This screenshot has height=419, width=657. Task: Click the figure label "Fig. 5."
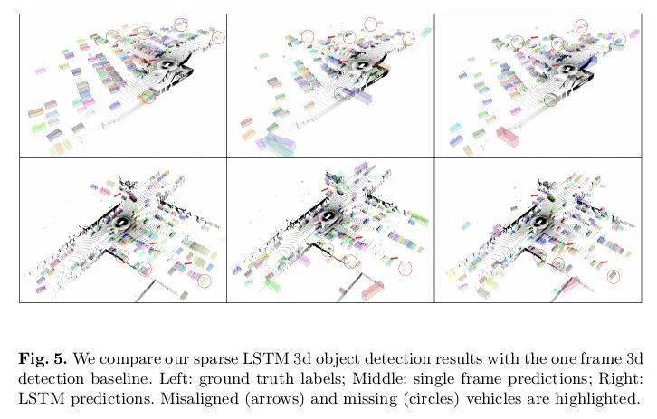tap(43, 359)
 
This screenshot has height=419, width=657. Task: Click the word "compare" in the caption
tap(129, 360)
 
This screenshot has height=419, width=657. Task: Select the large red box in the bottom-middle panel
tap(373, 290)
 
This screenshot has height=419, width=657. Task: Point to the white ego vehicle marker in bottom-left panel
tap(121, 223)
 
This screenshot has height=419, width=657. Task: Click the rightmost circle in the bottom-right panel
tap(614, 276)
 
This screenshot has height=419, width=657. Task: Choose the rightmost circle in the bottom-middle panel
tap(405, 268)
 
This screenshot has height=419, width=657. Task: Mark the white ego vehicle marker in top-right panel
tap(567, 69)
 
